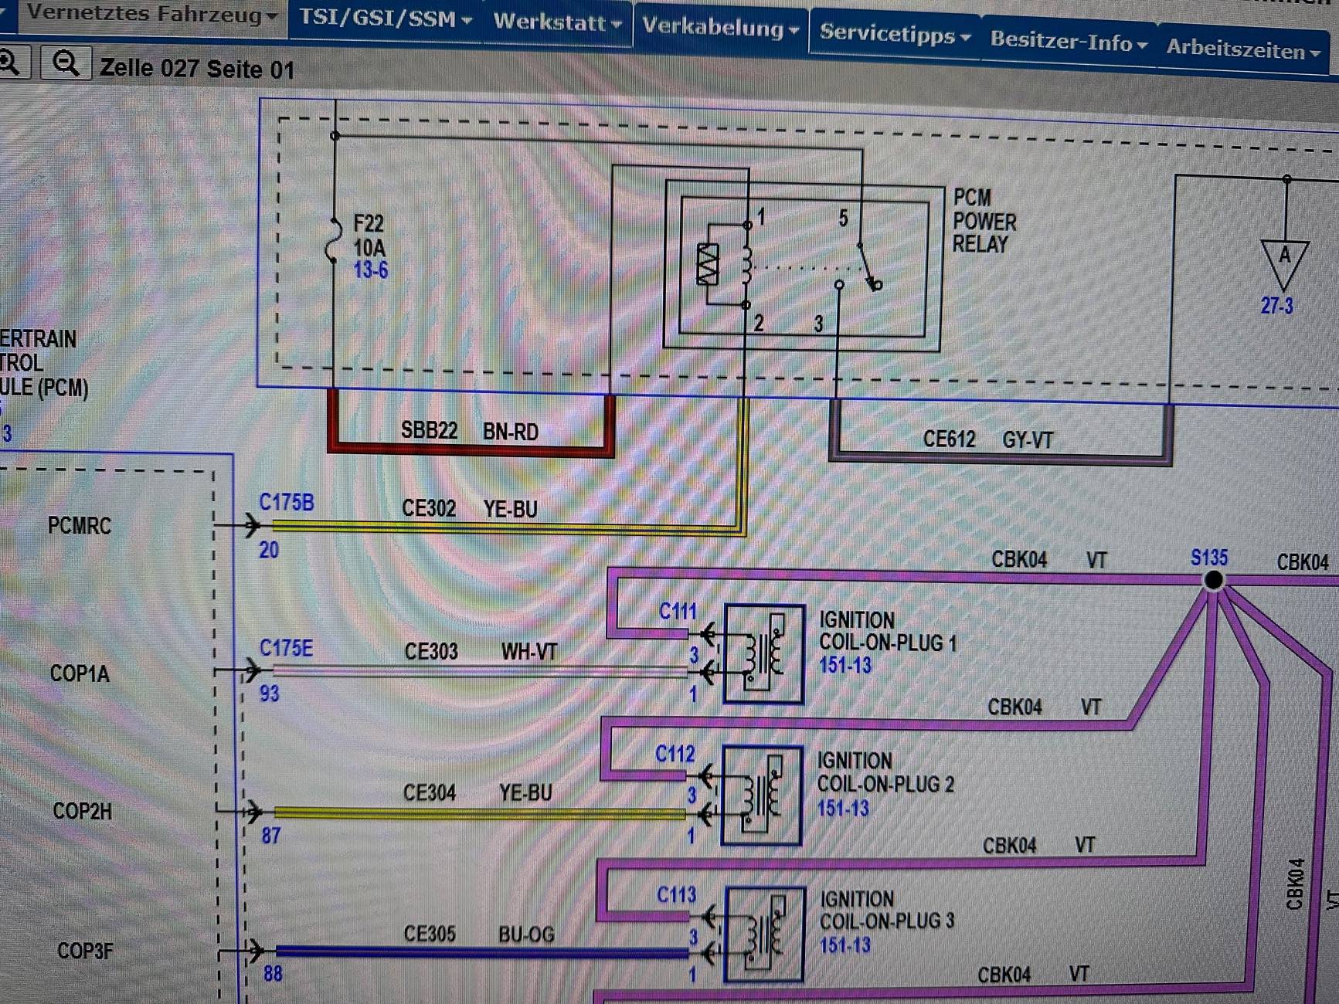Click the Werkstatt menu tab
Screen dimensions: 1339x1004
557,22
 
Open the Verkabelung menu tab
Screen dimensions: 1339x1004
720,28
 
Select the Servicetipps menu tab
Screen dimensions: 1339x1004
895,34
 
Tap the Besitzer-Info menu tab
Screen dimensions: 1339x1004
1068,40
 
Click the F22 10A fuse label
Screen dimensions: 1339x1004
369,236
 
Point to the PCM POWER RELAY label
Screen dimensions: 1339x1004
984,222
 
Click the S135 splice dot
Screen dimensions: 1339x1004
1213,580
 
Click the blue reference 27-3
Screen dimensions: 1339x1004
1276,306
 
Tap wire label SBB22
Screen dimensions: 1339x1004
429,430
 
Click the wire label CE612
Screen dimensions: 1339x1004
949,439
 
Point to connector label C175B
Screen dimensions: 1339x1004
287,503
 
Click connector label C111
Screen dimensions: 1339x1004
678,612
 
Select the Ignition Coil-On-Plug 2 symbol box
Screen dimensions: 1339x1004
761,795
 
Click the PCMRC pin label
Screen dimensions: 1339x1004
80,526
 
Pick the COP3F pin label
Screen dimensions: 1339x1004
85,951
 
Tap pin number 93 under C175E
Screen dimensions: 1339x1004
269,694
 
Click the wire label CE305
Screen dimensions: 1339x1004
430,934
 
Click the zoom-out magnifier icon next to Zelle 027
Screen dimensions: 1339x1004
66,63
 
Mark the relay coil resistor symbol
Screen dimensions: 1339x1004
708,264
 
